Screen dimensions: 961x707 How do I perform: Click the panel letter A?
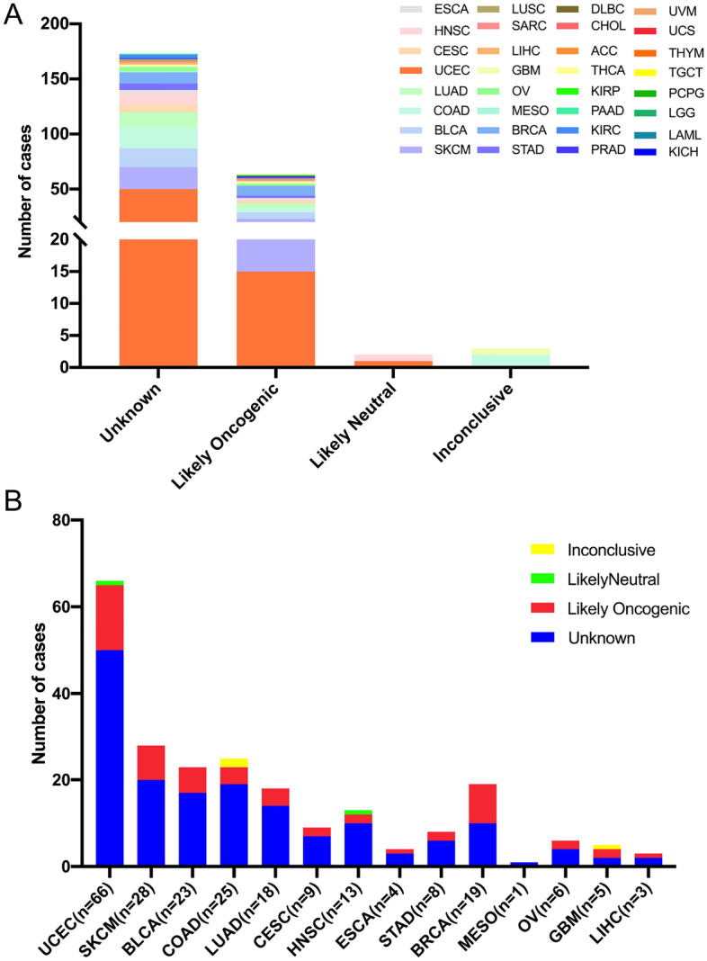click(x=14, y=16)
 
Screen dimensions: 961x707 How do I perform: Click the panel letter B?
click(x=13, y=498)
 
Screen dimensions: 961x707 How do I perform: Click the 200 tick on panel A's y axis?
click(x=56, y=24)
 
